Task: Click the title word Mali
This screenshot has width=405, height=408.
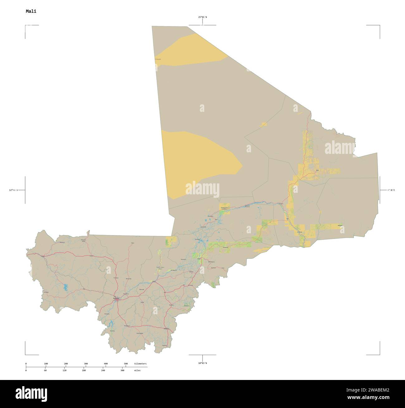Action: click(x=31, y=11)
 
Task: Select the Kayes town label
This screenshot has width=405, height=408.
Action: click(x=43, y=257)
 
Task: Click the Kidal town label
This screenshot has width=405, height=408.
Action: click(x=317, y=170)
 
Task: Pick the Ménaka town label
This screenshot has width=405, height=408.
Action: click(x=340, y=225)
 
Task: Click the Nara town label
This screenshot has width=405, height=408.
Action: click(x=132, y=243)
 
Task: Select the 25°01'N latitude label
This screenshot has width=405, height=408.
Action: click(x=202, y=17)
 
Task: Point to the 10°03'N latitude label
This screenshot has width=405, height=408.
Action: click(x=202, y=363)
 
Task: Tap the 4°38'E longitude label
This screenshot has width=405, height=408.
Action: click(x=391, y=190)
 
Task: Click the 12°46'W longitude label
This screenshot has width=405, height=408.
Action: click(x=13, y=190)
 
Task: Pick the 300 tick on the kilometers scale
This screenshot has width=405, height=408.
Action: click(x=86, y=364)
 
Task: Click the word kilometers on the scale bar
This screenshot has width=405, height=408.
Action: click(x=140, y=364)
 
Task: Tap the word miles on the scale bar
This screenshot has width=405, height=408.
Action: click(x=137, y=370)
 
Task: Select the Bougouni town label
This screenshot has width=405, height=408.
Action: click(x=127, y=326)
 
